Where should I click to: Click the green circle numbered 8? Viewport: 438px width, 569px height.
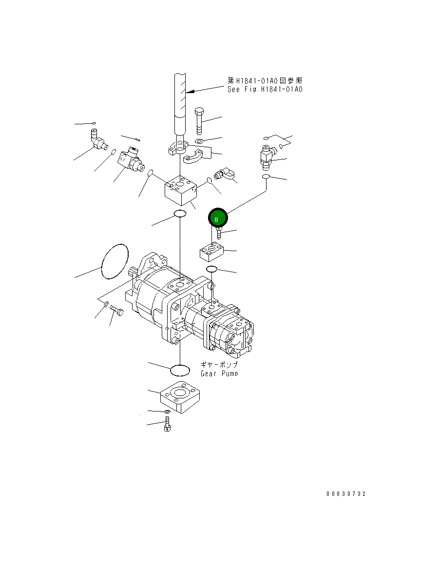tap(217, 218)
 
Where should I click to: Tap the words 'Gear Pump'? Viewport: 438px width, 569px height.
tap(219, 373)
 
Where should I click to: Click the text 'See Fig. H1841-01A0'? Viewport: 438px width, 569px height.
tap(265, 90)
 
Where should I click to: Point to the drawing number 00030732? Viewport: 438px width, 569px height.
tap(346, 494)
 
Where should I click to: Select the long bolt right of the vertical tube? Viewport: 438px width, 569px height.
tap(199, 120)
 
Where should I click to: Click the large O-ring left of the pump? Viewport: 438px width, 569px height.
tap(115, 261)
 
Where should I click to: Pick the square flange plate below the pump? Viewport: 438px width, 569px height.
tap(180, 397)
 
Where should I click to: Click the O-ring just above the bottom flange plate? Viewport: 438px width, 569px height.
tap(179, 371)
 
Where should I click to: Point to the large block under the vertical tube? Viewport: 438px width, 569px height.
tap(181, 193)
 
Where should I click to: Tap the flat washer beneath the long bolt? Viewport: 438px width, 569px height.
tap(199, 141)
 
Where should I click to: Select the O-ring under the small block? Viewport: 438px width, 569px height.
tap(211, 270)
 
